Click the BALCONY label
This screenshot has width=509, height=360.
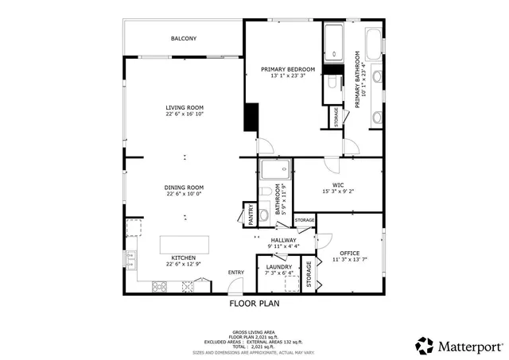pos(184,38)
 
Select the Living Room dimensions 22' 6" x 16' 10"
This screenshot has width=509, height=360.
pos(185,114)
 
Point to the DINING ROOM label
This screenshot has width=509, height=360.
pos(185,187)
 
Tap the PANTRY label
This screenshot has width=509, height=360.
pos(248,214)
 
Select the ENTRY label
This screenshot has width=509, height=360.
pos(236,273)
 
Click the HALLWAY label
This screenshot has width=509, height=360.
pos(283,240)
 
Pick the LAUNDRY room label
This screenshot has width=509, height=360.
pos(278,267)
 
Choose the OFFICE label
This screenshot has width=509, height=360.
pos(350,253)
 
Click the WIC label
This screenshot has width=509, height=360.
pos(337,184)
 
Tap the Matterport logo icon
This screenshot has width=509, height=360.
pos(425,346)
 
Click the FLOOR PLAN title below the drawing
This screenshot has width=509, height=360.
pos(254,303)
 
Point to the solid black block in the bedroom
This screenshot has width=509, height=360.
pos(251,118)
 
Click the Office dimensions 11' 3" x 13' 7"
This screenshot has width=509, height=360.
pos(350,260)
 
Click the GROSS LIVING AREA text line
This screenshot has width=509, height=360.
pos(254,332)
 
